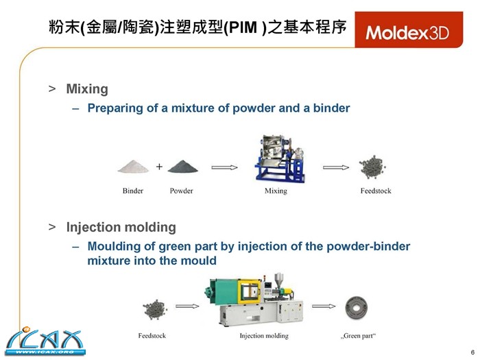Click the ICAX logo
(45, 341)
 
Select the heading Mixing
(87, 89)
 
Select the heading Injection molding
(121, 227)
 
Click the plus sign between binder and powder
(159, 167)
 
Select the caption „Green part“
(358, 336)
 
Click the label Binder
(133, 191)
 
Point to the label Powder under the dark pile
(181, 191)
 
